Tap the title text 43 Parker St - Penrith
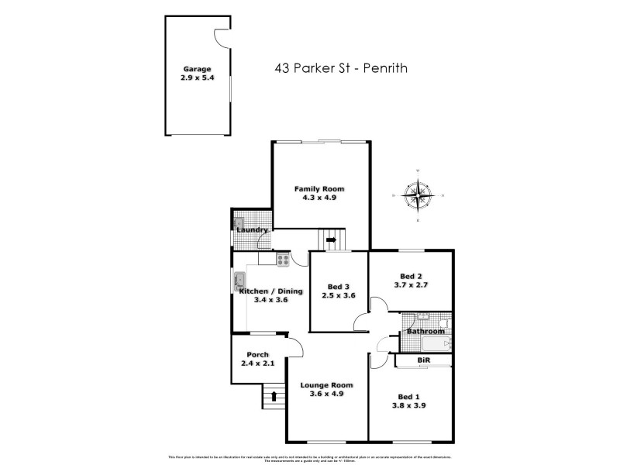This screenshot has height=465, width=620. [340, 68]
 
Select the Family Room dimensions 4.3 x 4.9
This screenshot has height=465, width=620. [319, 198]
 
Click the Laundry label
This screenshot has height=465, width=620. [253, 230]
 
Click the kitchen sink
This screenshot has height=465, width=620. [239, 281]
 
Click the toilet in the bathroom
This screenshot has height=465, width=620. [443, 321]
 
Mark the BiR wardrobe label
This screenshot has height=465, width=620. [423, 361]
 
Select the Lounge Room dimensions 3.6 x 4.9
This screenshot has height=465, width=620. [327, 394]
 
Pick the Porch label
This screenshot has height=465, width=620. [257, 355]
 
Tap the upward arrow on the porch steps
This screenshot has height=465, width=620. [274, 397]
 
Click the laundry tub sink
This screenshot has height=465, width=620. [239, 223]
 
